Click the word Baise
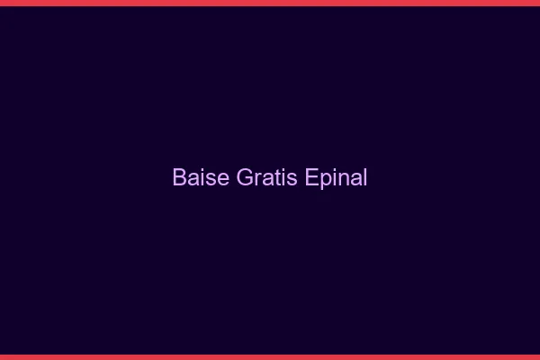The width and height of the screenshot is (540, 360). coord(201,177)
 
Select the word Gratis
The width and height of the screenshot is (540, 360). coord(266,177)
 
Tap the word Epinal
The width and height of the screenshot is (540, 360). coord(336,178)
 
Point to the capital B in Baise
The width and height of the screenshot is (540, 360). coord(180,177)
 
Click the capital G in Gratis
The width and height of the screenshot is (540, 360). coord(245,177)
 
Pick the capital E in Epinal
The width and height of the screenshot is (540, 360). coord(311,177)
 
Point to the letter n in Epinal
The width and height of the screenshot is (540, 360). coord(343,178)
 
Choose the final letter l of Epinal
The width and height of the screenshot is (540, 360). coord(364,177)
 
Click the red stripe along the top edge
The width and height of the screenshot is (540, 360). coord(270,3)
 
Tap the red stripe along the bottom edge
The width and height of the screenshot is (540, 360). coord(270,356)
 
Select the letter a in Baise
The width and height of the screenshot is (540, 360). coord(194,178)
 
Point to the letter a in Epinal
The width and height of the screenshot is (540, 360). coord(355,178)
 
